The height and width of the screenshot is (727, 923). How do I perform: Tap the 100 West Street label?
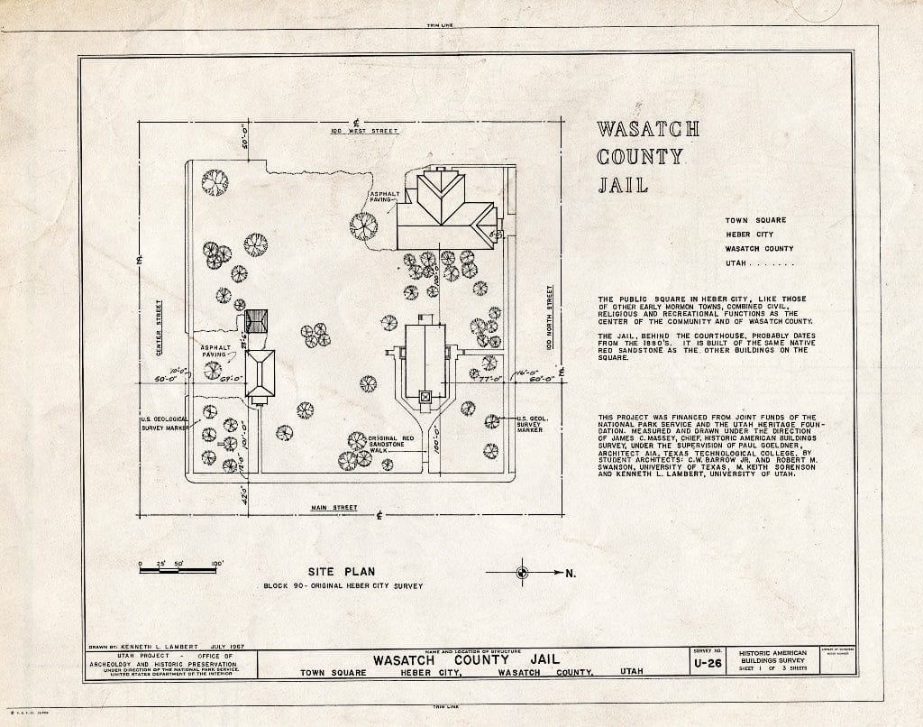click(x=363, y=132)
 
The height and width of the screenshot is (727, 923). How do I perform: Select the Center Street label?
click(x=158, y=327)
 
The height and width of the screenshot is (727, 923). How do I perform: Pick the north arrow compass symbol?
click(x=522, y=572)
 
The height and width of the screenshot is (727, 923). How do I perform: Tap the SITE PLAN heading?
click(x=341, y=571)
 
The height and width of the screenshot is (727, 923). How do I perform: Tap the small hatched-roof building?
click(x=256, y=320)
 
